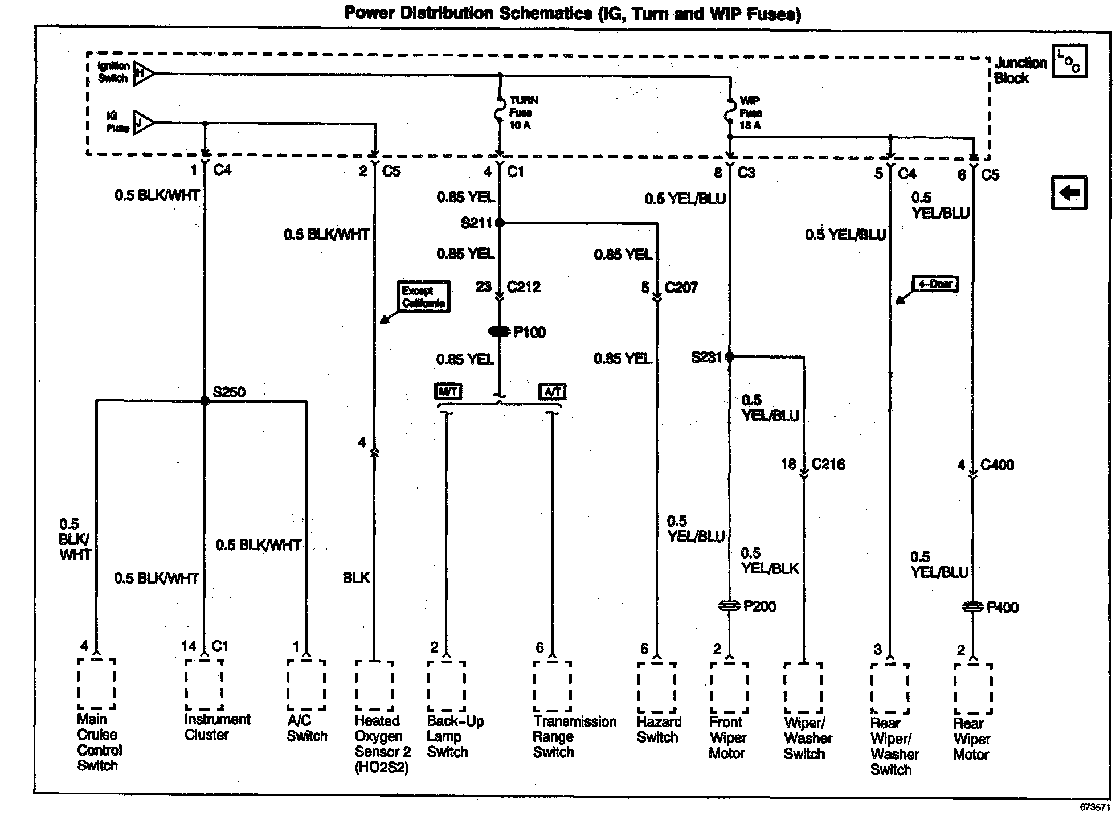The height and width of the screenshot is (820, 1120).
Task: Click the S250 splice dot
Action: [x=205, y=401]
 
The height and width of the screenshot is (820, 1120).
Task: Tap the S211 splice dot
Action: [x=500, y=223]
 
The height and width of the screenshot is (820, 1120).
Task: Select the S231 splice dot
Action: [x=729, y=357]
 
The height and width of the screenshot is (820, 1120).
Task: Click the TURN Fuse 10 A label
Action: [x=522, y=113]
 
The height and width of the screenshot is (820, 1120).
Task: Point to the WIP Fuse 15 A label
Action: [x=750, y=113]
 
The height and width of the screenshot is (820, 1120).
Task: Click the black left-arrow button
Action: [x=1069, y=192]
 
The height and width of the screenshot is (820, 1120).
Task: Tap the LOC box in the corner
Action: [x=1069, y=61]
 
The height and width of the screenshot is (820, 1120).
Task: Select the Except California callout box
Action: [x=423, y=296]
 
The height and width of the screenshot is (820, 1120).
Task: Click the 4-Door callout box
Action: [x=935, y=284]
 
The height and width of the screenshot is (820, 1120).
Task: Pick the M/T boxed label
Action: [x=448, y=391]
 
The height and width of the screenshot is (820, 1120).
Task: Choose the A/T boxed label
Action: [x=552, y=391]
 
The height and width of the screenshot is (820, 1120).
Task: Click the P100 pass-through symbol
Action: [x=499, y=331]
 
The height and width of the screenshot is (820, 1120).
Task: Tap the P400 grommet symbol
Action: [x=973, y=608]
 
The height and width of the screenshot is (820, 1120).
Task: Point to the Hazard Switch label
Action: [x=659, y=729]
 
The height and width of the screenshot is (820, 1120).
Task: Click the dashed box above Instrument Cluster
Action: [x=203, y=685]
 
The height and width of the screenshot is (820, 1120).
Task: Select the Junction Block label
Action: [x=1020, y=71]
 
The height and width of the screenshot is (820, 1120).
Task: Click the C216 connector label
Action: [x=828, y=464]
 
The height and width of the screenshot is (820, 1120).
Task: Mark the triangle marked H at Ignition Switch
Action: [x=142, y=73]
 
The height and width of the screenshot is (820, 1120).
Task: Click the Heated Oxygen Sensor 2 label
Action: [x=382, y=744]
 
